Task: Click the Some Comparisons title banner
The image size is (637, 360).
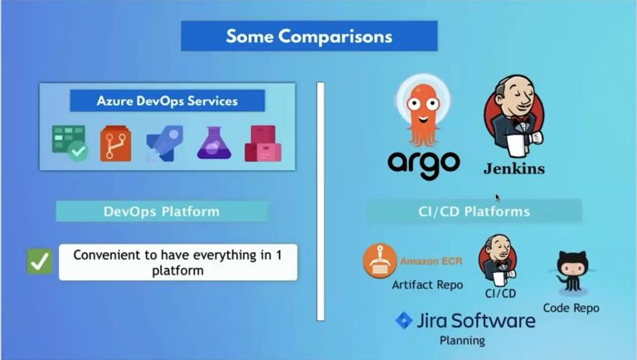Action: click(309, 36)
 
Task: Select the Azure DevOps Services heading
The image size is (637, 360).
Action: click(168, 101)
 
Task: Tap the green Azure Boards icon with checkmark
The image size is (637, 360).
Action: click(69, 143)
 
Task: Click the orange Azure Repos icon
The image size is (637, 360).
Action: click(116, 144)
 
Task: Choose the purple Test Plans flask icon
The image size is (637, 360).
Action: click(213, 144)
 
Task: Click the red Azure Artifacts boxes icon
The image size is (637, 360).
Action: click(262, 144)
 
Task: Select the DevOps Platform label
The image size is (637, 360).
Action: click(162, 212)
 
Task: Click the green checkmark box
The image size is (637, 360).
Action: click(39, 262)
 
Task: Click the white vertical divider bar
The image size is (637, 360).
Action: click(319, 200)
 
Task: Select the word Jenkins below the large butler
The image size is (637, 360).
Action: click(514, 169)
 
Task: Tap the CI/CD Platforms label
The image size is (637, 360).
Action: click(474, 212)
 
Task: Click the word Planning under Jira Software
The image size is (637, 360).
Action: click(462, 340)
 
